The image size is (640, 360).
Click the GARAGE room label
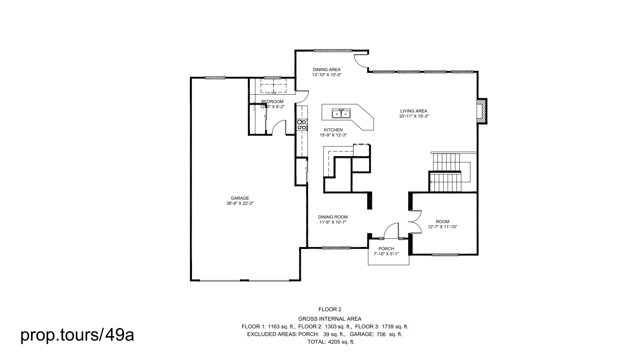pos(240,198)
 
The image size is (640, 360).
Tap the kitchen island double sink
pos(341,114)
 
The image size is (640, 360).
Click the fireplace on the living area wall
pos(481,111)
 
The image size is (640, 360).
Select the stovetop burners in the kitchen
pos(302,125)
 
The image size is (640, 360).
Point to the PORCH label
pos(386,249)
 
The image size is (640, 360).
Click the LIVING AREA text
pos(414,111)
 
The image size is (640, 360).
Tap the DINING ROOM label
pos(332,217)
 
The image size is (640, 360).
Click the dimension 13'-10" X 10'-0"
pos(326,75)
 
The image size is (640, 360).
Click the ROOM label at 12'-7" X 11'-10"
pos(442,222)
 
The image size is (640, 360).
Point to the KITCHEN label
pos(333,130)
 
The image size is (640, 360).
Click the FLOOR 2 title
pos(330,309)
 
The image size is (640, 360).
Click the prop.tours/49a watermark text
pos(77,335)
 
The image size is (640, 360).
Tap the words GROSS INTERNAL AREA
pos(329,319)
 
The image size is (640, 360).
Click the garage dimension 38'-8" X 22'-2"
pos(240,203)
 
